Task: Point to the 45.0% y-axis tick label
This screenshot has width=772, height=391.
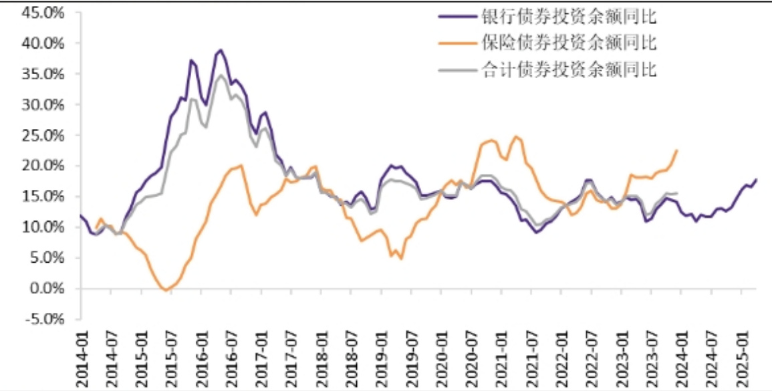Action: (x=41, y=13)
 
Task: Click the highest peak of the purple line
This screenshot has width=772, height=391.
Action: (x=221, y=49)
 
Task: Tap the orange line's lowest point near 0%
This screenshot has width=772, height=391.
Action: (x=165, y=289)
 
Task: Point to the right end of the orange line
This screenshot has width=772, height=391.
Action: (x=677, y=150)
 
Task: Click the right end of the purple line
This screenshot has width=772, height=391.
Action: (x=756, y=179)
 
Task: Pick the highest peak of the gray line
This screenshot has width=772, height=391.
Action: (x=221, y=75)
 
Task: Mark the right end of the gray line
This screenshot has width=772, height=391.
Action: (x=677, y=193)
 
